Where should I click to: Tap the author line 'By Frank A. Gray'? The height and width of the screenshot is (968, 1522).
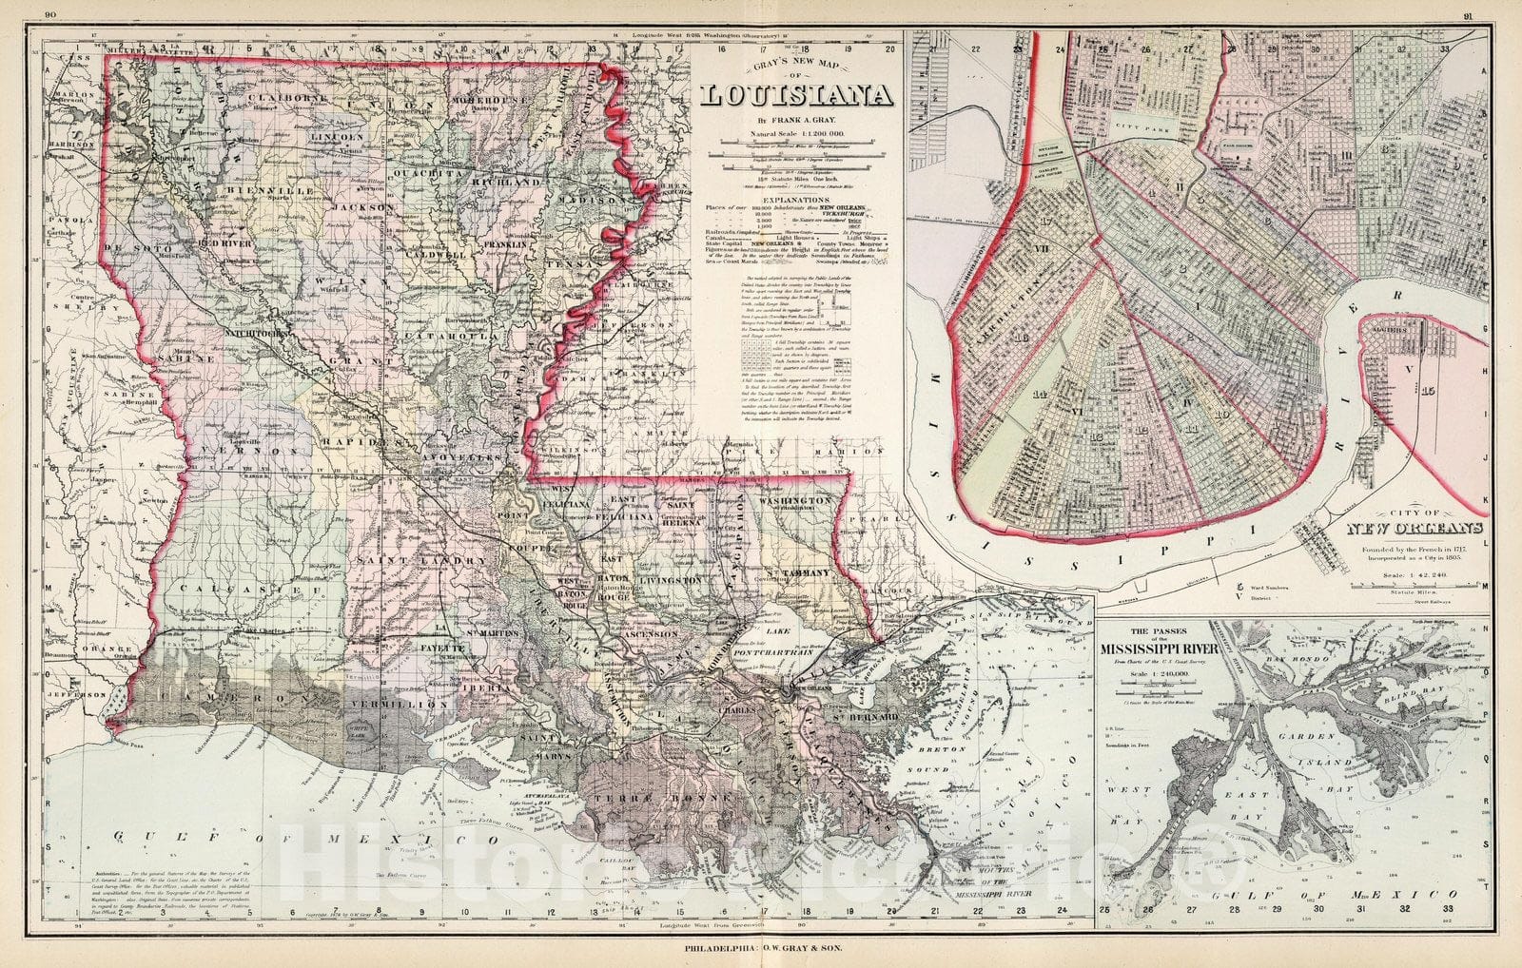pos(796,121)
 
